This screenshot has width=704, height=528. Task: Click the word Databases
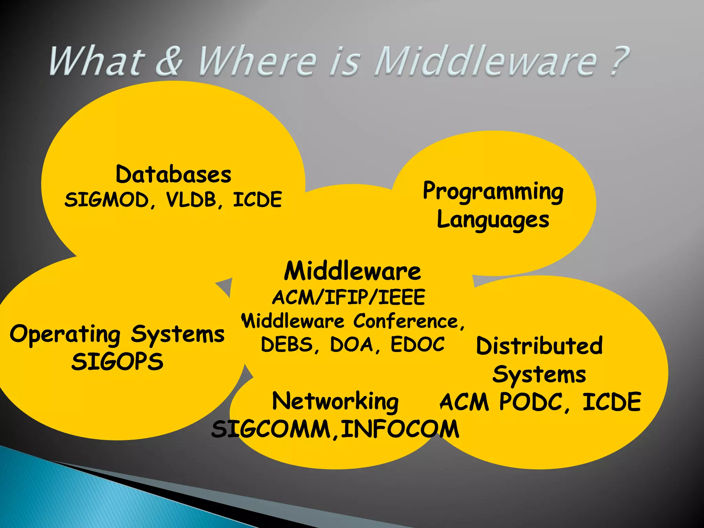click(174, 174)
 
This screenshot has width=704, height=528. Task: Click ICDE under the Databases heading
click(257, 200)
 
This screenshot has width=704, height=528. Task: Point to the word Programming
click(493, 191)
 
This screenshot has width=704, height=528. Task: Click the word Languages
click(493, 220)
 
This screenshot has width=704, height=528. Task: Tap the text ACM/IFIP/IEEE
click(349, 297)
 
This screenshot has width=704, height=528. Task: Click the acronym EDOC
click(418, 344)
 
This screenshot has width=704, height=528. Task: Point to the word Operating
click(65, 334)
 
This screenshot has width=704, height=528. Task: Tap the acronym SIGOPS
click(117, 362)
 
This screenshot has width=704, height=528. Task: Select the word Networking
click(335, 401)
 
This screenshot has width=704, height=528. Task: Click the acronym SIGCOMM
click(272, 429)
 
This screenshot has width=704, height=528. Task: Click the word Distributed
click(539, 346)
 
